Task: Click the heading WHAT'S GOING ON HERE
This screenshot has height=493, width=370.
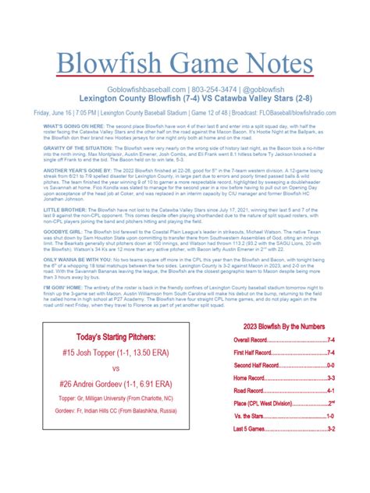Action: (65, 125)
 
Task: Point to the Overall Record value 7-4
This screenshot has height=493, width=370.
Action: (331, 340)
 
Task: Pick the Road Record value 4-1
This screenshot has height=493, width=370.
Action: (331, 390)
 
